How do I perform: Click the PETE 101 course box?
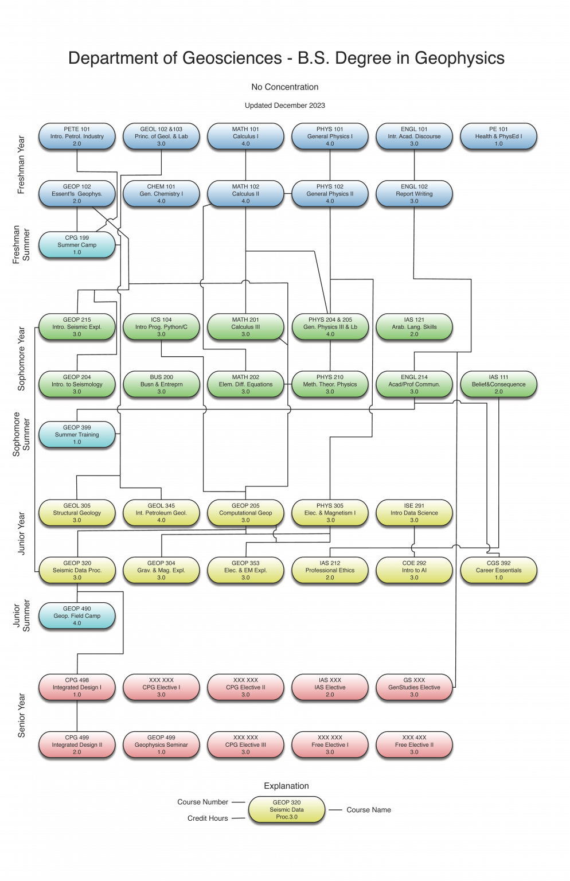pyautogui.click(x=77, y=137)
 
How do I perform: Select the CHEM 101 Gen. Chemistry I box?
pyautogui.click(x=161, y=194)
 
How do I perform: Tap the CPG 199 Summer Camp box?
pyautogui.click(x=77, y=245)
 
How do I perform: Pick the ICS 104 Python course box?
pyautogui.click(x=161, y=327)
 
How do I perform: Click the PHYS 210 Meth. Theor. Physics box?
pyautogui.click(x=330, y=384)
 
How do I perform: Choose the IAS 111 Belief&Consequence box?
pyautogui.click(x=498, y=384)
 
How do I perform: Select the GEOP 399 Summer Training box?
pyautogui.click(x=77, y=435)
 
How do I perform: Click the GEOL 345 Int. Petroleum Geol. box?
pyautogui.click(x=161, y=513)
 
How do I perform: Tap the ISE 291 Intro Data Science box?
pyautogui.click(x=414, y=513)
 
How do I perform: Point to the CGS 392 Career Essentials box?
pyautogui.click(x=498, y=570)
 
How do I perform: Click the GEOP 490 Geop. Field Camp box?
pyautogui.click(x=77, y=615)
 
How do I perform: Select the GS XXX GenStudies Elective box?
pyautogui.click(x=414, y=687)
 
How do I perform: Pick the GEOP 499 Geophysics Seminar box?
pyautogui.click(x=161, y=744)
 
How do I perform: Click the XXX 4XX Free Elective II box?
pyautogui.click(x=414, y=744)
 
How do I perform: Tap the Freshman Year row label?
pyautogui.click(x=21, y=165)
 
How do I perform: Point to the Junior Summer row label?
pyautogui.click(x=21, y=615)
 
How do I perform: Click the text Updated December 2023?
pyautogui.click(x=284, y=106)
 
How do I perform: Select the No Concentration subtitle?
pyautogui.click(x=284, y=87)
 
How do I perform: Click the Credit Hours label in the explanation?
pyautogui.click(x=208, y=818)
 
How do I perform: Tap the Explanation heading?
pyautogui.click(x=286, y=786)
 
